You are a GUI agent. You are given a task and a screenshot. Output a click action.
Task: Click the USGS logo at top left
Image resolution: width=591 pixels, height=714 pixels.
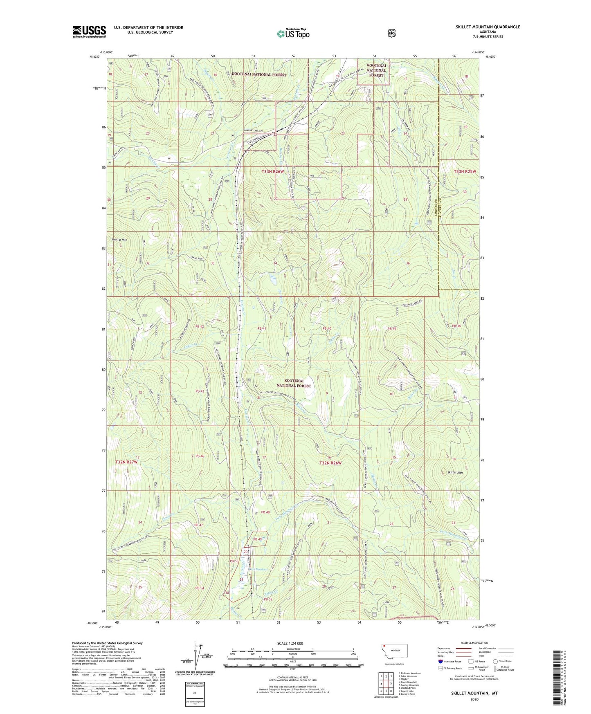[89, 31]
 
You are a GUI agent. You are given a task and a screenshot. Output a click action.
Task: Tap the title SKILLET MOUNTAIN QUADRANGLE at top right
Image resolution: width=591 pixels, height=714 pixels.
[488, 27]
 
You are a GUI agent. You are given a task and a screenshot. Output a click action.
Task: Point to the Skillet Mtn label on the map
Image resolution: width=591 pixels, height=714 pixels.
[454, 472]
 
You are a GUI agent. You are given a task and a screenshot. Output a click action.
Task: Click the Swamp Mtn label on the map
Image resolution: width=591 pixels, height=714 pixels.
[119, 240]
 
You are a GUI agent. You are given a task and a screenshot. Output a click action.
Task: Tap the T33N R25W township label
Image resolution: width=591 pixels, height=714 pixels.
[465, 171]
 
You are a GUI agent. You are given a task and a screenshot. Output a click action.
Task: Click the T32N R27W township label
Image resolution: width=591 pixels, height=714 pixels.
[126, 462]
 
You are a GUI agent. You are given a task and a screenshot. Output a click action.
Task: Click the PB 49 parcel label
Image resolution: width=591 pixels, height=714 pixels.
[257, 539]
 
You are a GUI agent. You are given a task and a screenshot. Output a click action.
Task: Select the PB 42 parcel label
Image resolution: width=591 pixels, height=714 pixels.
[200, 326]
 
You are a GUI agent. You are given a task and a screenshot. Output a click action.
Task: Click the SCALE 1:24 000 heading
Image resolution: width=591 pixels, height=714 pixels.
[290, 643]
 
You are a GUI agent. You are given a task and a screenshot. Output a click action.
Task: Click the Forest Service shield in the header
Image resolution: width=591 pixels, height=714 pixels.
[391, 33]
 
